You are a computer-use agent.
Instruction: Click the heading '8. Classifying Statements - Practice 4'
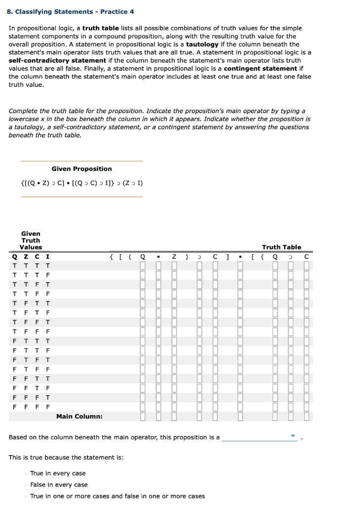71,11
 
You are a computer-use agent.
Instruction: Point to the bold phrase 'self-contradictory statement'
57,60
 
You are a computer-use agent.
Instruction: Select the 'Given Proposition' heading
81,169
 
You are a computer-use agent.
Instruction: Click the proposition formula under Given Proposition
81,183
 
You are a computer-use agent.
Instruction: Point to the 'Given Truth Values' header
31,240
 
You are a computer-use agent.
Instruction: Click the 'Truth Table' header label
281,247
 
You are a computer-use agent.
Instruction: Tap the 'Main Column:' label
80,417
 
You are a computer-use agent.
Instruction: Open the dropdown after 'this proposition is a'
260,437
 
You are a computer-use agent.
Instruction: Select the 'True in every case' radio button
25,474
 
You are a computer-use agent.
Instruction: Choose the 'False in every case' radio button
25,485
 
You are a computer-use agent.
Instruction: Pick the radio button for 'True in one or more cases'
25,497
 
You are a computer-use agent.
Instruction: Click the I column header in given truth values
47,256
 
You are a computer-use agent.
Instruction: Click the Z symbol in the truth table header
174,256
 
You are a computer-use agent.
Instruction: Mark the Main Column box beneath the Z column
174,417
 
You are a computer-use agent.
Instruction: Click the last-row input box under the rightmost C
307,408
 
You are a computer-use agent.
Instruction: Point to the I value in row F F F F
47,408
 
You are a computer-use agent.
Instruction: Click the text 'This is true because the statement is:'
66,458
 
